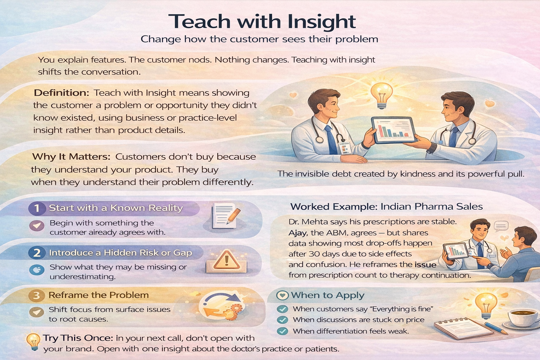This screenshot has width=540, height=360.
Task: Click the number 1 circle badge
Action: point(37,208)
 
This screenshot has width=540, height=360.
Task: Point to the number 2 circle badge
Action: point(37,253)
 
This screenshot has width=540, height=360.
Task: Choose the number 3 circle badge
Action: point(37,295)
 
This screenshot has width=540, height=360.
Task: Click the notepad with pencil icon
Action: point(225,215)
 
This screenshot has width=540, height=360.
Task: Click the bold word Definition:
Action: point(61,93)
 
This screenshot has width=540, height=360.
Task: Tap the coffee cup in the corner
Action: point(524,317)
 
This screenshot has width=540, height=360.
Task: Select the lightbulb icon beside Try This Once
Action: point(34,341)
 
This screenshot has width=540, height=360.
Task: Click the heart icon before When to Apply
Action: point(282,295)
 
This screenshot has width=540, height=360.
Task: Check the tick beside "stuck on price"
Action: point(282,320)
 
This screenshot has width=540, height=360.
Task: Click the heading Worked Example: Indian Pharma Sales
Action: point(386,206)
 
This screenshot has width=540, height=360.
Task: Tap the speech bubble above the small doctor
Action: point(501,226)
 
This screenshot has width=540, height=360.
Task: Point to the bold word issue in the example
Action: point(425,265)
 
